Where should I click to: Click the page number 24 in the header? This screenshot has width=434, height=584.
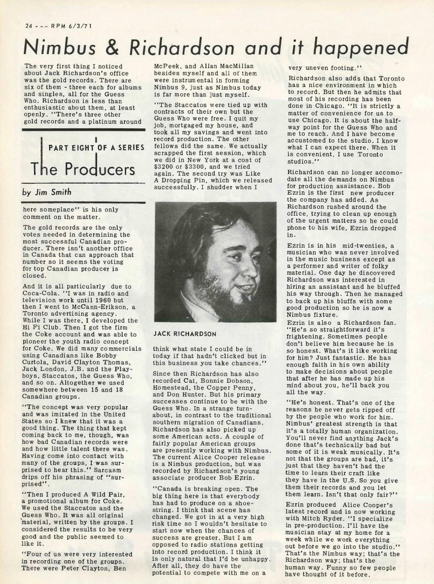click(x=29, y=25)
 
